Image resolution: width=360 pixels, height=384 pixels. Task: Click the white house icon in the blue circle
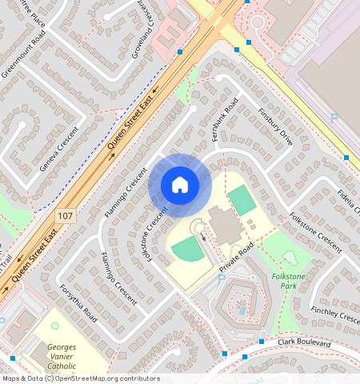click(x=180, y=185)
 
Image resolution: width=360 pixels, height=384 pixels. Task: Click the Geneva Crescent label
click(x=60, y=149)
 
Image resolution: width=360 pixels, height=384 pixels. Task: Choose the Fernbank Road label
click(x=223, y=121)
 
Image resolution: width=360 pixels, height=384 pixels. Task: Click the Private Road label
click(x=236, y=258)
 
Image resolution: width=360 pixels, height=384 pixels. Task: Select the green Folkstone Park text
click(x=288, y=281)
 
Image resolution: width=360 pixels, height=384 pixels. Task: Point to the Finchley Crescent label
click(x=334, y=313)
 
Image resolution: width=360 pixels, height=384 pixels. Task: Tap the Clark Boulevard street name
click(x=304, y=342)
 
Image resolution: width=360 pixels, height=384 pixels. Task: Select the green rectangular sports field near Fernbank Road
click(x=242, y=199)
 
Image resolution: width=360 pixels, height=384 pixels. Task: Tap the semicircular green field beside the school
click(x=186, y=249)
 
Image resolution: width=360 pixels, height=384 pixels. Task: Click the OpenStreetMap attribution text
click(x=80, y=378)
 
